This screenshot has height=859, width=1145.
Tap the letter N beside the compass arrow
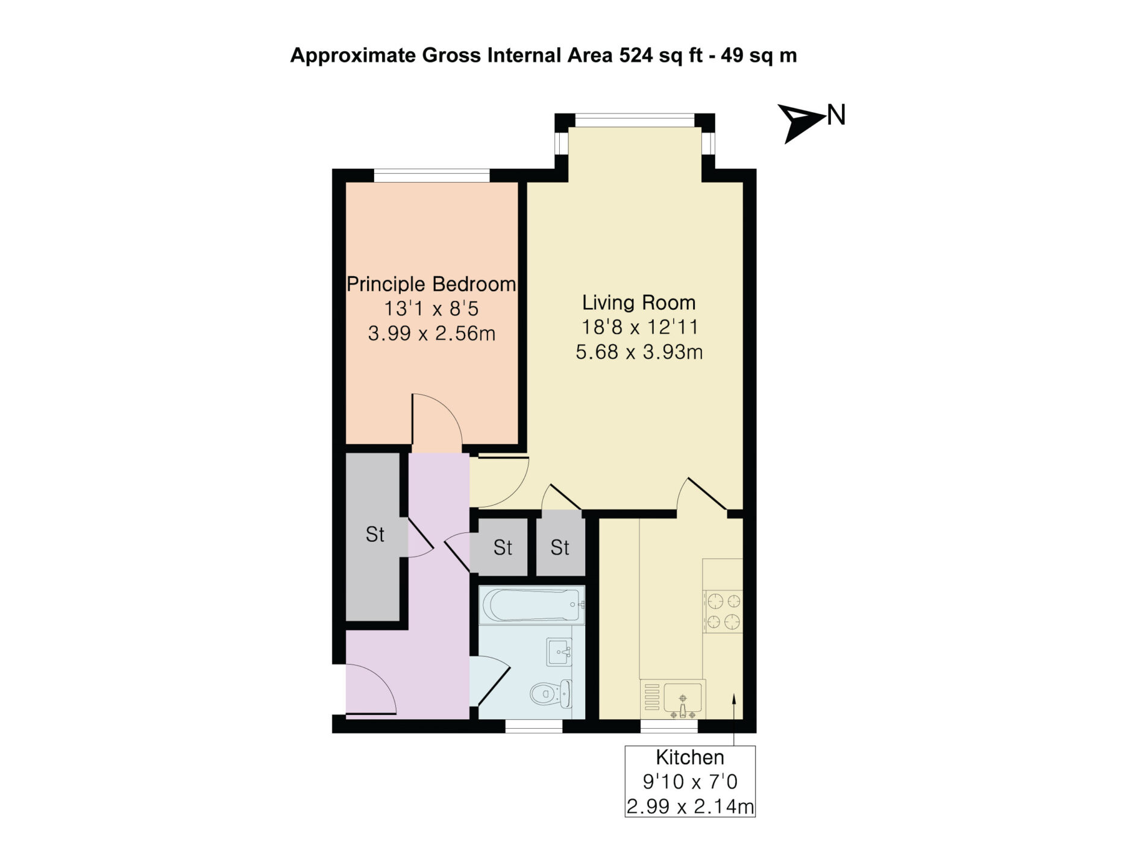tap(836, 115)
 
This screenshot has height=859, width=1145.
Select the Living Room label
tap(639, 302)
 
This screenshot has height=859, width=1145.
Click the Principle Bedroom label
tap(431, 284)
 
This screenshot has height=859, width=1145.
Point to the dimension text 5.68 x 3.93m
tap(639, 351)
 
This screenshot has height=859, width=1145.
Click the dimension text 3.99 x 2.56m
tap(431, 333)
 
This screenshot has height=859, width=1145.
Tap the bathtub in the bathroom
tap(532, 605)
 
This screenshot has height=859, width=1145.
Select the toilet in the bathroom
tap(551, 694)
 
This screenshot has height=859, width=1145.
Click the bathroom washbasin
tap(559, 652)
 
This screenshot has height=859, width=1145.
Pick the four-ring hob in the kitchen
tap(723, 611)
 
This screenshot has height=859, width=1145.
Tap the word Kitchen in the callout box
tap(690, 757)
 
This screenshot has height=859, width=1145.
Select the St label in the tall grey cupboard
tap(375, 534)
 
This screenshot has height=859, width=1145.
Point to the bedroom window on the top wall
tap(431, 175)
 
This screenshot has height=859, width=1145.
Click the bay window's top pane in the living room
tap(635, 120)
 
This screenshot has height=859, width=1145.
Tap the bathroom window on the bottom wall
tap(534, 726)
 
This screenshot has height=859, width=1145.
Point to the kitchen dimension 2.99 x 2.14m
tap(690, 807)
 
